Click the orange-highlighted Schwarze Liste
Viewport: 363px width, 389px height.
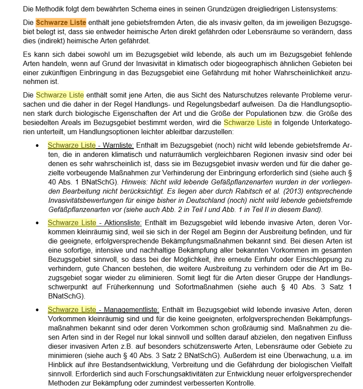click(x=61, y=23)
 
